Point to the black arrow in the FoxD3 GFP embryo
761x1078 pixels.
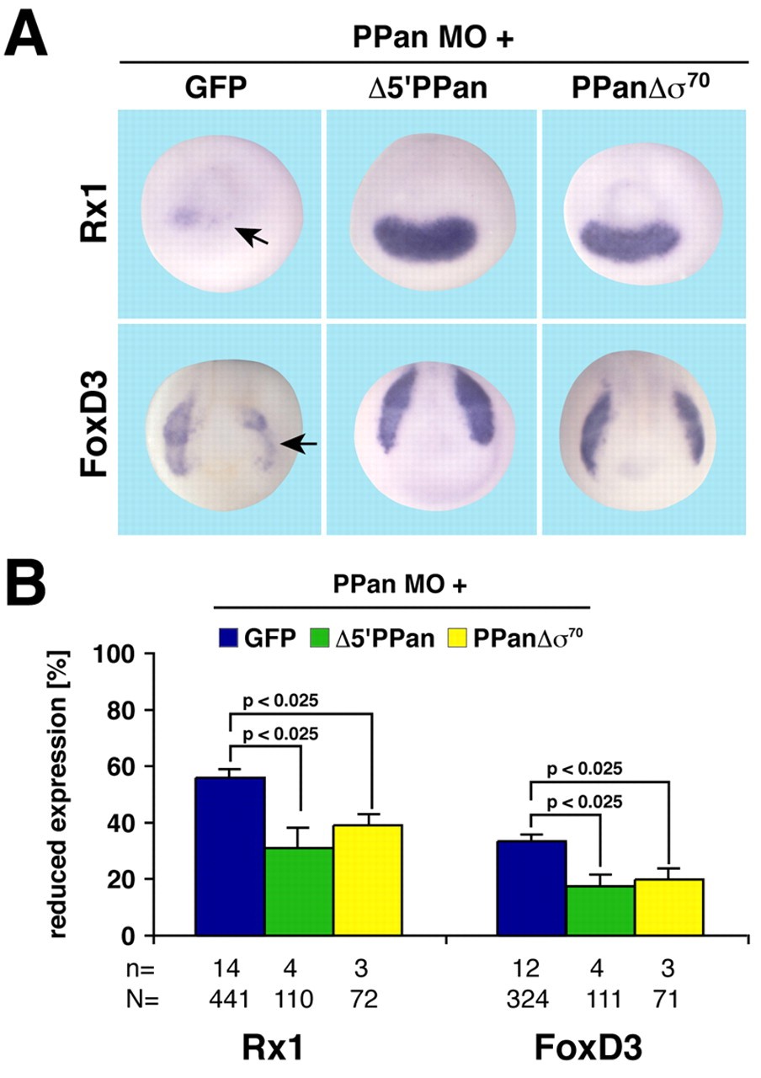tap(299, 442)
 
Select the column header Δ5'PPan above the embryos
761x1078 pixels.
tap(433, 88)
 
